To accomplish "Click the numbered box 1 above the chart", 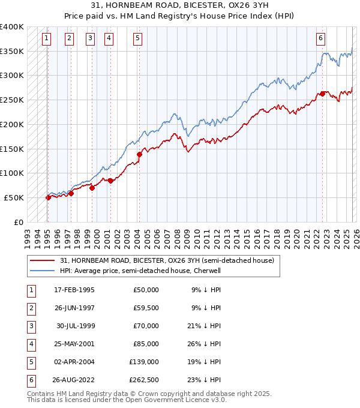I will (47, 38).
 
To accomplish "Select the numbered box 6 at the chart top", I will (321, 38).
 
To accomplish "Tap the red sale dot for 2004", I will (139, 154).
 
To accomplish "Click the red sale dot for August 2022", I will (323, 93).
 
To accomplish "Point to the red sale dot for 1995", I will (48, 197).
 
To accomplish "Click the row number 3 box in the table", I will (30, 326).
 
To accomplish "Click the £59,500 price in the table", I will (146, 308).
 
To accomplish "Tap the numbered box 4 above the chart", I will (109, 38).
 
